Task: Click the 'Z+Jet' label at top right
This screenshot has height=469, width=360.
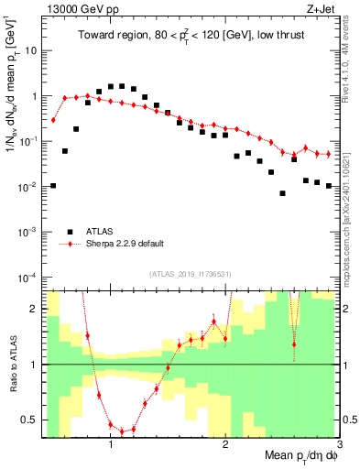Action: point(321,9)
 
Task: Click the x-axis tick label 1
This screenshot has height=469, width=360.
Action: point(111,445)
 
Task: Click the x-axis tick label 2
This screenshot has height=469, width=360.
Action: point(225,445)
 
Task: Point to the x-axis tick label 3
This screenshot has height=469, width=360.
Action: point(338,445)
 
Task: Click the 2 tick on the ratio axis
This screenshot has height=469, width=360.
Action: point(36,309)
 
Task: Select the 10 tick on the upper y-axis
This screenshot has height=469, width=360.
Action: point(30,50)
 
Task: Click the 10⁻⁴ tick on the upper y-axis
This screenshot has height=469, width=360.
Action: point(28,277)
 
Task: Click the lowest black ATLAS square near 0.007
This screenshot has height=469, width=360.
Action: point(283,193)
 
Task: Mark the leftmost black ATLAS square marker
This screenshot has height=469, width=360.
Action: point(53,186)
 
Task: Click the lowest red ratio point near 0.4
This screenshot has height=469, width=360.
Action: point(122,431)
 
